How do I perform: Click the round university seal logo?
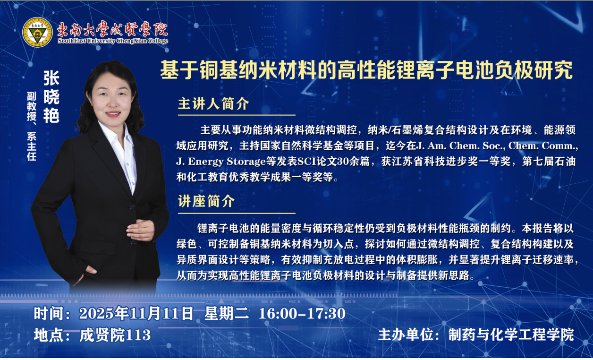click(38, 32)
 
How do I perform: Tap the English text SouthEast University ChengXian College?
click(113, 41)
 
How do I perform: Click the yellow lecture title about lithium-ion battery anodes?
click(366, 70)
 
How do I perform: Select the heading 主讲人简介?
click(213, 103)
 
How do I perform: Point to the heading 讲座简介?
click(206, 201)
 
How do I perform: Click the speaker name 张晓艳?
click(51, 97)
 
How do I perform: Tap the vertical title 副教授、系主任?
click(32, 126)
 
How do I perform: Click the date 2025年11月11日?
click(136, 313)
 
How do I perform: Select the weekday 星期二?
click(226, 313)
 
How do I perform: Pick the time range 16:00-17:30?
click(302, 314)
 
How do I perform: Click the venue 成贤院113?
click(115, 335)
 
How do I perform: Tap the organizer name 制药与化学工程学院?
click(511, 334)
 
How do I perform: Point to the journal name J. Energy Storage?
click(221, 162)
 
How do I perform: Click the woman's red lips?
click(113, 114)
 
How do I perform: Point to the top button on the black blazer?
click(132, 207)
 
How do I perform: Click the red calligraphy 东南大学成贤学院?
click(113, 29)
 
